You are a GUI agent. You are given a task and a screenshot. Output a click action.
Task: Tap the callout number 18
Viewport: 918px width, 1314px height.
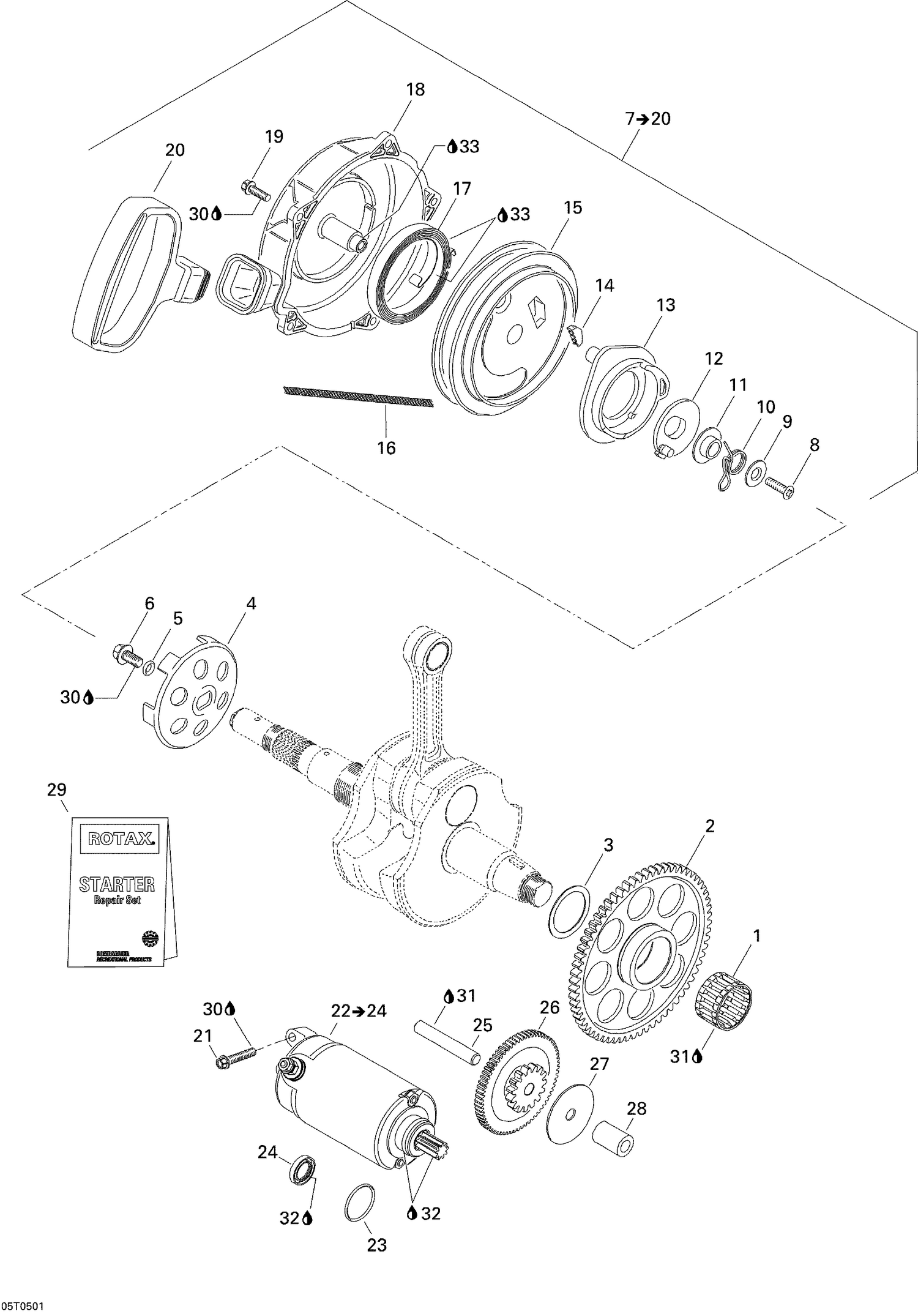pyautogui.click(x=415, y=89)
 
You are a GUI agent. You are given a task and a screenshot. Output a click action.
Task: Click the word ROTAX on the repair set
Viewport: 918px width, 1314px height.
pyautogui.click(x=119, y=837)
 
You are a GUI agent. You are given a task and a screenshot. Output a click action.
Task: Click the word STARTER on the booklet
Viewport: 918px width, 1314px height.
pyautogui.click(x=117, y=884)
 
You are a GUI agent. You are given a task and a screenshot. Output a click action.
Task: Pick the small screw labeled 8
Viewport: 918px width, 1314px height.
pyautogui.click(x=778, y=488)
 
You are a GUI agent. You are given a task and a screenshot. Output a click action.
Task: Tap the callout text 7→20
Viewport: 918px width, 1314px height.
pyautogui.click(x=647, y=119)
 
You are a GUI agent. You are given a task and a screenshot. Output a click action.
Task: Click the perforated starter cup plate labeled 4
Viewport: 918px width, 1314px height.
pyautogui.click(x=193, y=697)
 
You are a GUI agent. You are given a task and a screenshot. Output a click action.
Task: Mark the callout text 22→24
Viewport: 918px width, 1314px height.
pyautogui.click(x=359, y=1010)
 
